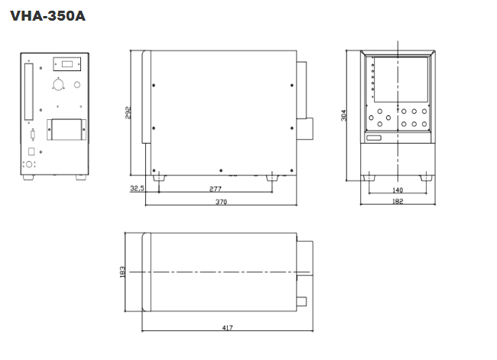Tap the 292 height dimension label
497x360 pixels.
(129, 112)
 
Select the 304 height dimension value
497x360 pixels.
(344, 115)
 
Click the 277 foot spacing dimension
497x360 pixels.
(215, 188)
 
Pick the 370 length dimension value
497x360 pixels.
(221, 202)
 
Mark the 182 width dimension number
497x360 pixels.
(398, 202)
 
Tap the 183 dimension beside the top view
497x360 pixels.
(122, 272)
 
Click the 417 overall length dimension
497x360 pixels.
(228, 329)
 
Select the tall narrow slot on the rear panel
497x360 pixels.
(29, 92)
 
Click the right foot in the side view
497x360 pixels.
(272, 177)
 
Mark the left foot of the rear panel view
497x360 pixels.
(28, 178)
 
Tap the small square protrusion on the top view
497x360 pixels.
(302, 302)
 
